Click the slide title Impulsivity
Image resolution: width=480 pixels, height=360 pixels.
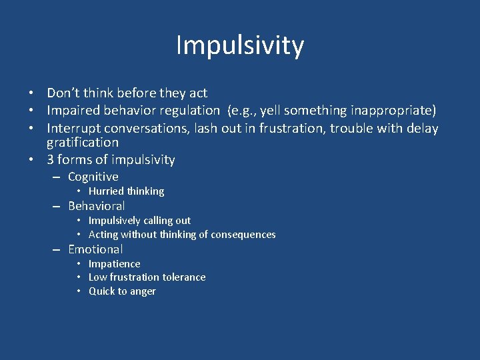[240, 45]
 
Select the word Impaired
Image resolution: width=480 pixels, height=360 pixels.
[73, 111]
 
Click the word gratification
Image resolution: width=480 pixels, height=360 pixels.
[83, 143]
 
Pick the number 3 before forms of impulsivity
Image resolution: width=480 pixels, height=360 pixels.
[51, 160]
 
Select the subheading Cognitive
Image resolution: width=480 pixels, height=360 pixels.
[93, 177]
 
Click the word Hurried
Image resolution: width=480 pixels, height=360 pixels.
[106, 191]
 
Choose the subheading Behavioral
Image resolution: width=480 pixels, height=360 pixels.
[96, 206]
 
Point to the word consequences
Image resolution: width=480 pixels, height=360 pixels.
[243, 235]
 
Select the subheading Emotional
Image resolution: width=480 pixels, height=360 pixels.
[95, 249]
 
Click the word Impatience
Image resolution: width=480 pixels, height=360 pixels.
[115, 264]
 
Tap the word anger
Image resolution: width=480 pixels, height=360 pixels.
[143, 292]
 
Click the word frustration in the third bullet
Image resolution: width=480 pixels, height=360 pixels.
[267, 128]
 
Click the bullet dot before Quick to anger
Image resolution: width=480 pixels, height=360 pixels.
[79, 292]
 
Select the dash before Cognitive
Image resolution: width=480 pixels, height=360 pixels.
[57, 177]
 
